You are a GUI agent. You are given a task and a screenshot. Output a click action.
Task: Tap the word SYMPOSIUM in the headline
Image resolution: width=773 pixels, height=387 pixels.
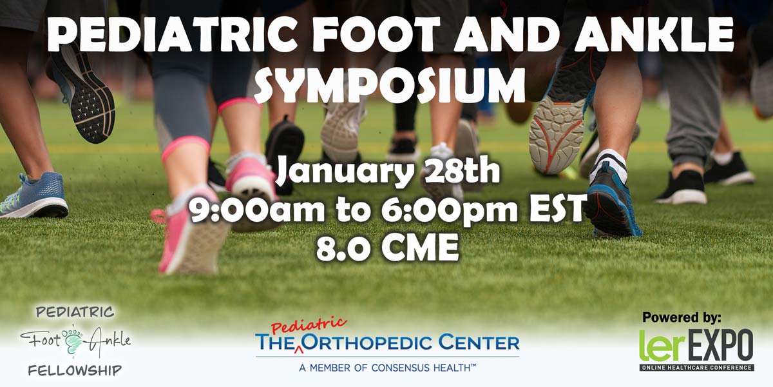(x=392, y=85)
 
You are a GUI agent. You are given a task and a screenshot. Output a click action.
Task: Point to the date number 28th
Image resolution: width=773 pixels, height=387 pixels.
(x=461, y=170)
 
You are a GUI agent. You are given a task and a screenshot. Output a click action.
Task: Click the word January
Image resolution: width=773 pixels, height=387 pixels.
(x=345, y=172)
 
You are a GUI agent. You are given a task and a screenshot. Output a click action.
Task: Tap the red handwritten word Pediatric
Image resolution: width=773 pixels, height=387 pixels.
(x=309, y=326)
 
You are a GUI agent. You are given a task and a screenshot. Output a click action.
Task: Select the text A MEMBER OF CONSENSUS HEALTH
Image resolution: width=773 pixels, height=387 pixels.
(x=388, y=368)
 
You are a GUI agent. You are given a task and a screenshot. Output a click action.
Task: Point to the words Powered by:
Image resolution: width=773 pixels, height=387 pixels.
(x=682, y=317)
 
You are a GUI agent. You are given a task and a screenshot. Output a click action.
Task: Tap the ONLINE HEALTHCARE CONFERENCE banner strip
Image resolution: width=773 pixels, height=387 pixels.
(x=697, y=368)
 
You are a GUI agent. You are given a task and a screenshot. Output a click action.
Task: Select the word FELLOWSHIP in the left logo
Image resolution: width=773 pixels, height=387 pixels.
(x=75, y=371)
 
